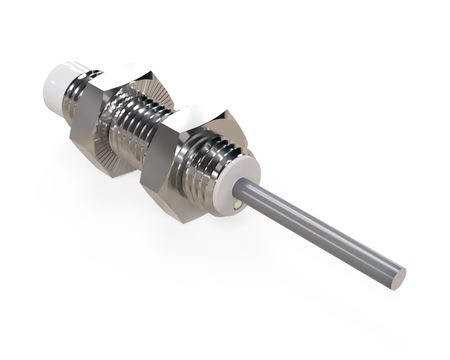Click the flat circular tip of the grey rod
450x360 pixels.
point(399,271)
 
